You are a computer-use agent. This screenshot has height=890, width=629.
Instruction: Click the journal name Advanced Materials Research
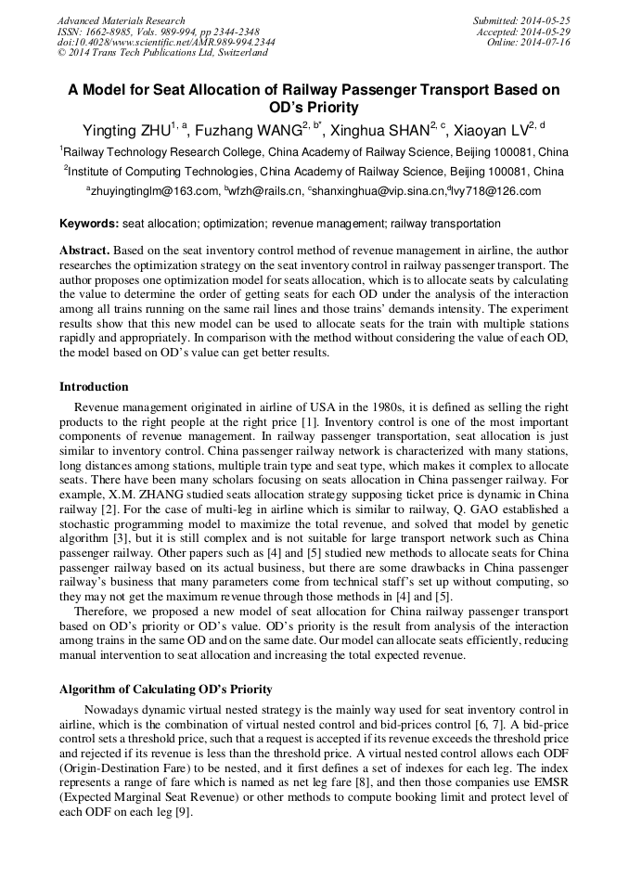121,20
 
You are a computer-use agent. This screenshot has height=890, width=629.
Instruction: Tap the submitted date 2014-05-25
547,20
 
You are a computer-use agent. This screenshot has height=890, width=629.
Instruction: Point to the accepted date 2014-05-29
547,32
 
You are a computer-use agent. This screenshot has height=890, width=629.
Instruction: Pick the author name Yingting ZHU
122,132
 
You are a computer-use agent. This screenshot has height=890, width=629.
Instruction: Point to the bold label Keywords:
89,224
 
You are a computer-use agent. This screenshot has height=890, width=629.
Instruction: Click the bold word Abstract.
85,252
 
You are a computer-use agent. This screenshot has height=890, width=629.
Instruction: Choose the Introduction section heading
94,387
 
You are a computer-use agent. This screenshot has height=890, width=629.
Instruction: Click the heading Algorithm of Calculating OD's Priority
166,689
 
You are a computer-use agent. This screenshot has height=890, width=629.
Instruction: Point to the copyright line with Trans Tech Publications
162,53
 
